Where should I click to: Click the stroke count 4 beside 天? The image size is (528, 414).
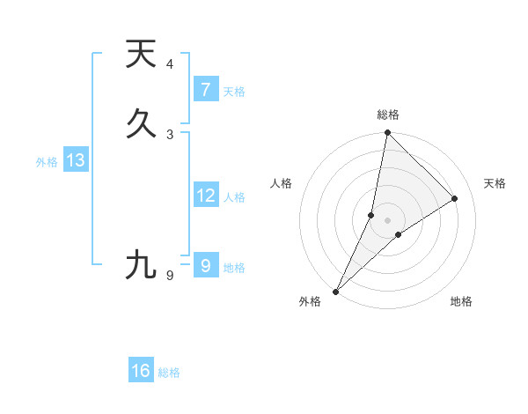[x=170, y=64]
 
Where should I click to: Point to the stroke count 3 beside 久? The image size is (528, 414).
[x=170, y=135]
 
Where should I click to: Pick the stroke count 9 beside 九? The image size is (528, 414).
[x=170, y=277]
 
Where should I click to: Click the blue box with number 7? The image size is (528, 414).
[x=205, y=89]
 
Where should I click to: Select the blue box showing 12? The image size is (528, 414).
[x=205, y=196]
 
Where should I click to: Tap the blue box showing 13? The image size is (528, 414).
[x=75, y=160]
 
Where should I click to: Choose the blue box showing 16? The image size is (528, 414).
[x=141, y=371]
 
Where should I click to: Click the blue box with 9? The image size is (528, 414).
[x=205, y=264]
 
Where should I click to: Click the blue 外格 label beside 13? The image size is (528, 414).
[x=47, y=162]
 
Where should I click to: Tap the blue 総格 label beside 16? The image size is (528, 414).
[x=169, y=373]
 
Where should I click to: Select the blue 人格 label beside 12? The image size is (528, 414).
[x=235, y=197]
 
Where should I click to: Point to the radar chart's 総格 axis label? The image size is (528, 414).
[x=388, y=115]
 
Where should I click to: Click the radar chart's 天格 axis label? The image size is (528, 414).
[x=495, y=183]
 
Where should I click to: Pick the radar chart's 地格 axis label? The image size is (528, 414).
[x=461, y=302]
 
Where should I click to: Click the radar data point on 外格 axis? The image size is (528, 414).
[x=335, y=291]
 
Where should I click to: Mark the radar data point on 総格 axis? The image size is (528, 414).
[x=387, y=133]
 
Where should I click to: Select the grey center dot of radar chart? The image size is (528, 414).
[x=387, y=220]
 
